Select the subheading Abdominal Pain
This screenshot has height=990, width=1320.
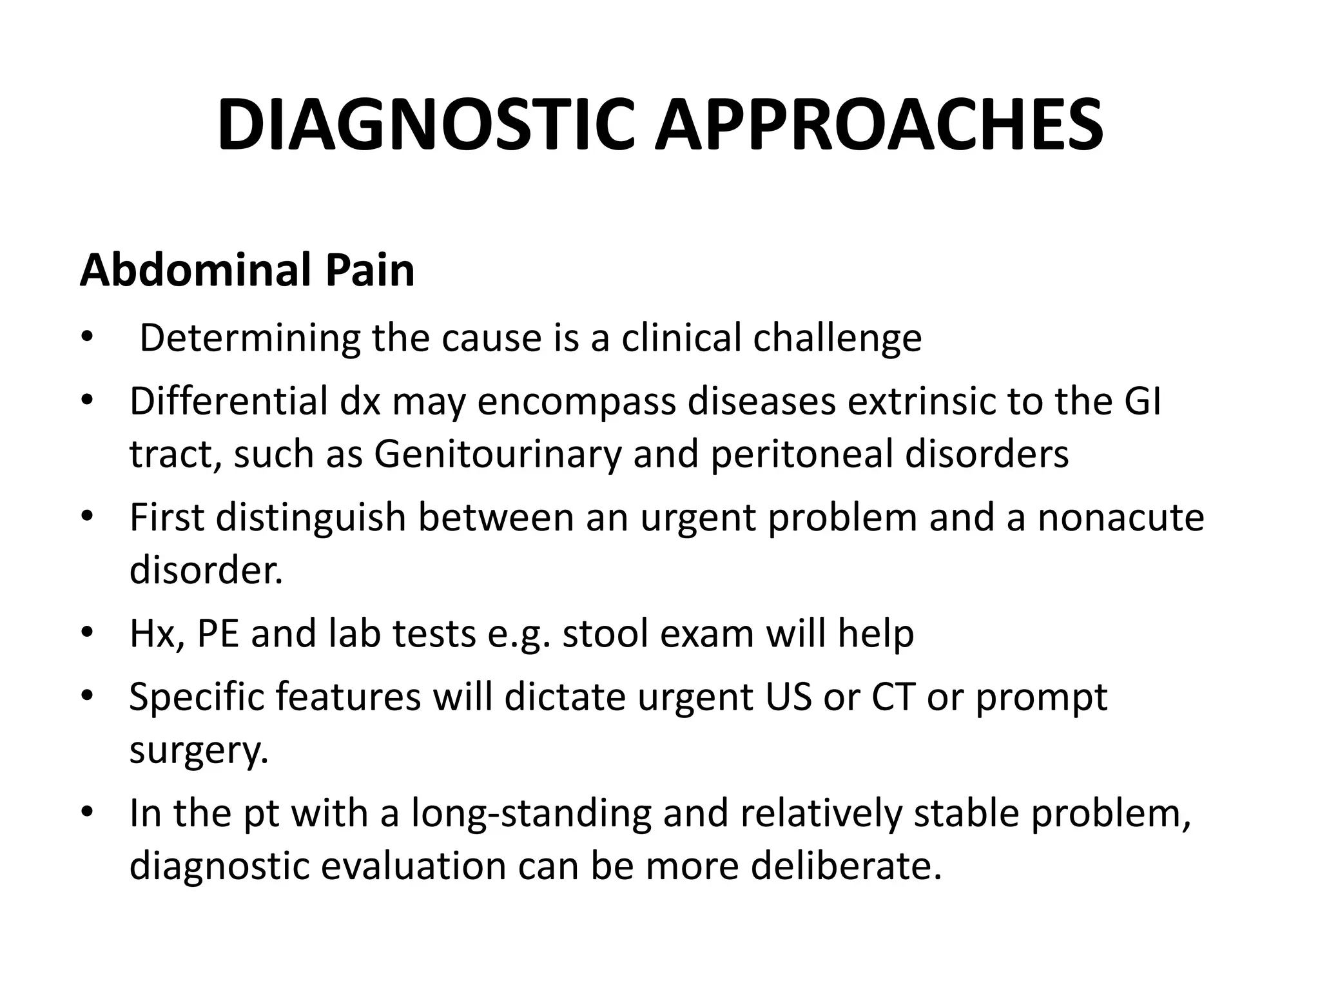[247, 270]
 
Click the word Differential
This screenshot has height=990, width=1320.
[229, 402]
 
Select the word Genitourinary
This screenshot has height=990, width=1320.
[498, 454]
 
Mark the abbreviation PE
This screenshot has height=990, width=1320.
[217, 634]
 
